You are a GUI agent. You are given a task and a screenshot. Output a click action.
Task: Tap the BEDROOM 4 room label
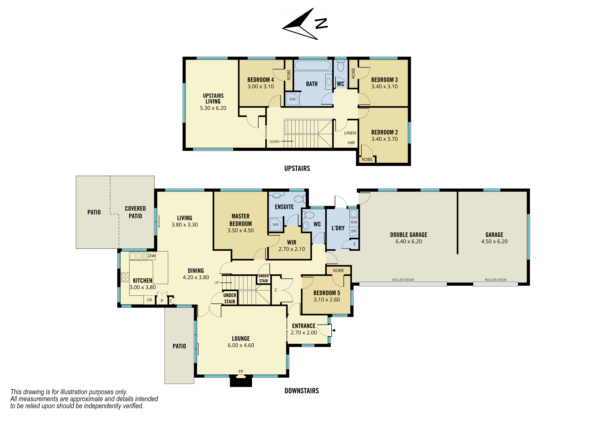pyautogui.click(x=261, y=80)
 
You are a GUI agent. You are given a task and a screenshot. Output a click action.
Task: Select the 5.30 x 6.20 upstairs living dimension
pyautogui.click(x=213, y=108)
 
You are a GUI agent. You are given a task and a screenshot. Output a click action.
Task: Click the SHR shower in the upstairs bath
pyautogui.click(x=292, y=99)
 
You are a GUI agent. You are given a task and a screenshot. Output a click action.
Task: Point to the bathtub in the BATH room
pyautogui.click(x=313, y=65)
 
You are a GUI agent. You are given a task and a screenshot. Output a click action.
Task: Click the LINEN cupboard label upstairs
pyautogui.click(x=350, y=133)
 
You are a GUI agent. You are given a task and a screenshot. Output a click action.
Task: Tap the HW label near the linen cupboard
pyautogui.click(x=351, y=143)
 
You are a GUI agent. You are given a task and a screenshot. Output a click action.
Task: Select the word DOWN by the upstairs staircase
pyautogui.click(x=274, y=142)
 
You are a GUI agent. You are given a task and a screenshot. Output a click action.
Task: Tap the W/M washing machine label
pyautogui.click(x=354, y=222)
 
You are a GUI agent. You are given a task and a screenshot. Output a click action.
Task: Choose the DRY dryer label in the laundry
pyautogui.click(x=354, y=231)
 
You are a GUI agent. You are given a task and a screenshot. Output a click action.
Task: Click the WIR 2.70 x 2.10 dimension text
pyautogui.click(x=292, y=249)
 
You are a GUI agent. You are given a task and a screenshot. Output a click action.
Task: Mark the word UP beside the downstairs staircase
pyautogui.click(x=217, y=283)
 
